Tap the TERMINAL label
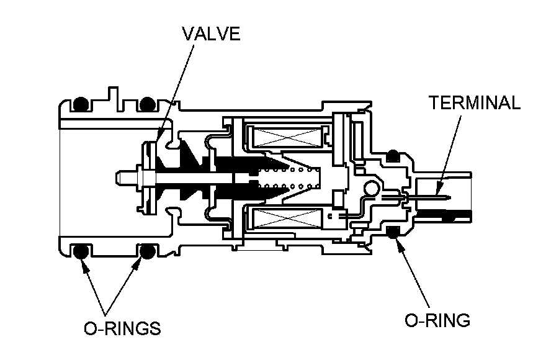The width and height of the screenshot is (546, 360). (x=475, y=103)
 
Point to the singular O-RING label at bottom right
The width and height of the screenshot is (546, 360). (x=437, y=320)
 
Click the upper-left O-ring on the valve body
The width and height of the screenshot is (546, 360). (x=80, y=105)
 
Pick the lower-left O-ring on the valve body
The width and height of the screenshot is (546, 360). (x=79, y=251)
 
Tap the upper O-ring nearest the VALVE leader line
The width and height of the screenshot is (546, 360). (x=146, y=105)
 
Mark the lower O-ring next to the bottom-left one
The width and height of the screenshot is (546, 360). (x=146, y=251)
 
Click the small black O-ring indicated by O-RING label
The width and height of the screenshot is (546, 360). (x=392, y=232)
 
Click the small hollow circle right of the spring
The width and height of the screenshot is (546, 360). (x=372, y=187)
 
